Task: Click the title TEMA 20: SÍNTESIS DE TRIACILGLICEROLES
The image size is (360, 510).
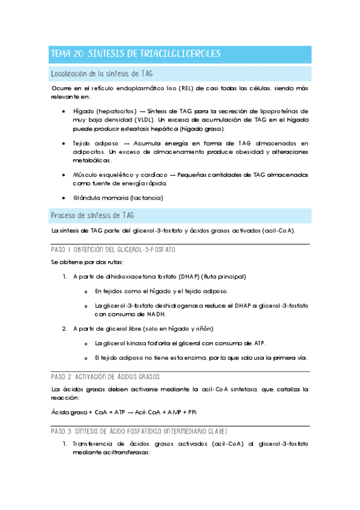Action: tap(136, 54)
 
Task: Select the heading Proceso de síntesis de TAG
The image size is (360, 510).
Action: tap(93, 215)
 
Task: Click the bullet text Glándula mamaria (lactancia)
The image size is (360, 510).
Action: tap(118, 198)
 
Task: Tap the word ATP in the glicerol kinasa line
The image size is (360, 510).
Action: tap(258, 343)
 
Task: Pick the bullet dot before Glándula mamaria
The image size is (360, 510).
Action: tap(64, 198)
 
